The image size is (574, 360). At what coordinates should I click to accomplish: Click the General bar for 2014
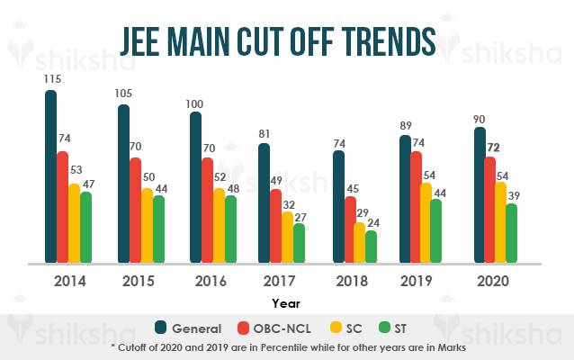click(x=51, y=176)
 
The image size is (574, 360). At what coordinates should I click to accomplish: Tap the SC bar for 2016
click(x=219, y=225)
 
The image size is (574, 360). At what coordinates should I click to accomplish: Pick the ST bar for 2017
click(x=300, y=243)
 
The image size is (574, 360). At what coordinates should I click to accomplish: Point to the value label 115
click(x=51, y=81)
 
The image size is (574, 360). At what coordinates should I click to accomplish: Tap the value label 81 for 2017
click(x=265, y=135)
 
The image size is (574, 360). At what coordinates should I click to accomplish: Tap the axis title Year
click(x=287, y=304)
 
